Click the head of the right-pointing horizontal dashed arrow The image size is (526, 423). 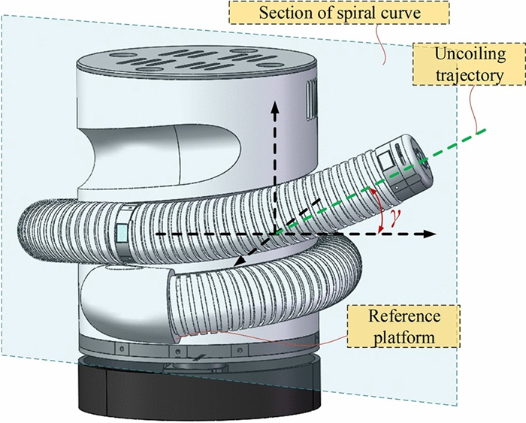click(x=430, y=234)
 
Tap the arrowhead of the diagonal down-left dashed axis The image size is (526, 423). click(x=237, y=262)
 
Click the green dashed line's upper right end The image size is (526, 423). click(x=485, y=129)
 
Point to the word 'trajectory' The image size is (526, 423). click(x=469, y=75)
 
